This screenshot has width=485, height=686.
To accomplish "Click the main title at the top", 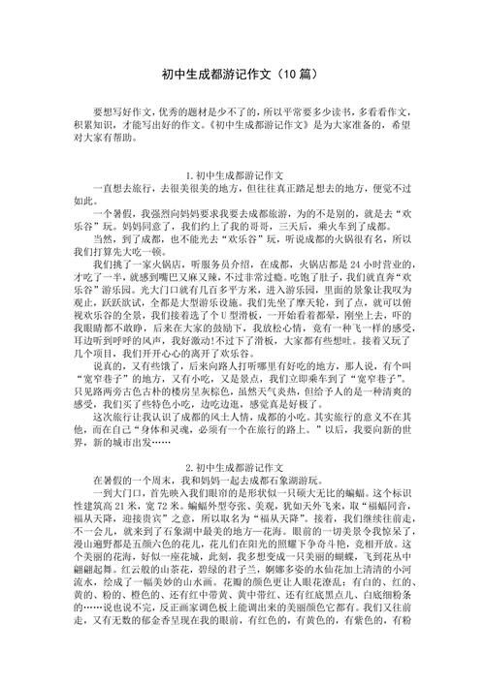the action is (242, 75).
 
